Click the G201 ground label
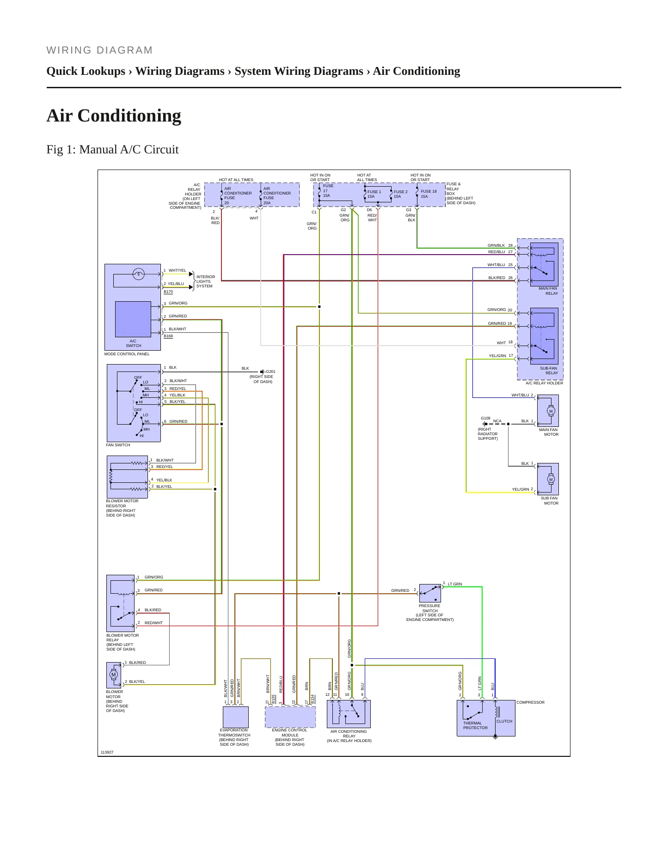click(270, 371)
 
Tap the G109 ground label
click(485, 418)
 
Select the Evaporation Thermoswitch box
click(236, 717)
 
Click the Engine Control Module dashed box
click(290, 717)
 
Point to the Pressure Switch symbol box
click(430, 593)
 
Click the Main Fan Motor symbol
click(548, 411)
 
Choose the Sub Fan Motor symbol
click(548, 479)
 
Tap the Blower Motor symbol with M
click(114, 675)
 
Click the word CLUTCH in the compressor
click(504, 721)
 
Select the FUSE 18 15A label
click(428, 194)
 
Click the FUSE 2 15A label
click(400, 194)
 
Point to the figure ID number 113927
click(107, 753)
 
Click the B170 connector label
click(168, 292)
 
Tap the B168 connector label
click(168, 336)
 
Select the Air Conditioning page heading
click(114, 116)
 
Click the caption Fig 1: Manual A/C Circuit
click(112, 150)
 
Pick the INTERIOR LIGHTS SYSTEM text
click(205, 281)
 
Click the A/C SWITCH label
click(133, 343)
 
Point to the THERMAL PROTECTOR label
click(475, 726)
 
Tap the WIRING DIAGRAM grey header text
click(99, 50)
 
